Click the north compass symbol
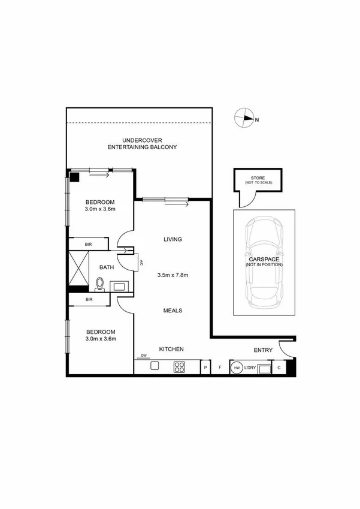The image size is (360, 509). [x=243, y=118]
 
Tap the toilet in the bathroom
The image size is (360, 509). [x=101, y=283]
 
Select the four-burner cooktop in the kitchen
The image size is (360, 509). [x=179, y=367]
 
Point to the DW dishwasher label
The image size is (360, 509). [x=144, y=356]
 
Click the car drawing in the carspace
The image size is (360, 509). [x=263, y=261]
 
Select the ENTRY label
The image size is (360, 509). [x=263, y=350]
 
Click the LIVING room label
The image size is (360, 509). [x=173, y=239]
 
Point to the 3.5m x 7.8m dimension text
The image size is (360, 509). [x=173, y=275]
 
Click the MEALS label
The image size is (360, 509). [x=173, y=311]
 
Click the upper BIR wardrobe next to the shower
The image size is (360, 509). [x=88, y=245]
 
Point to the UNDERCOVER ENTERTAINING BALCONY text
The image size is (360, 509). [x=142, y=143]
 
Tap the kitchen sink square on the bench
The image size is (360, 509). [x=154, y=366]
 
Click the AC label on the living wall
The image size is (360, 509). [x=141, y=263]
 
